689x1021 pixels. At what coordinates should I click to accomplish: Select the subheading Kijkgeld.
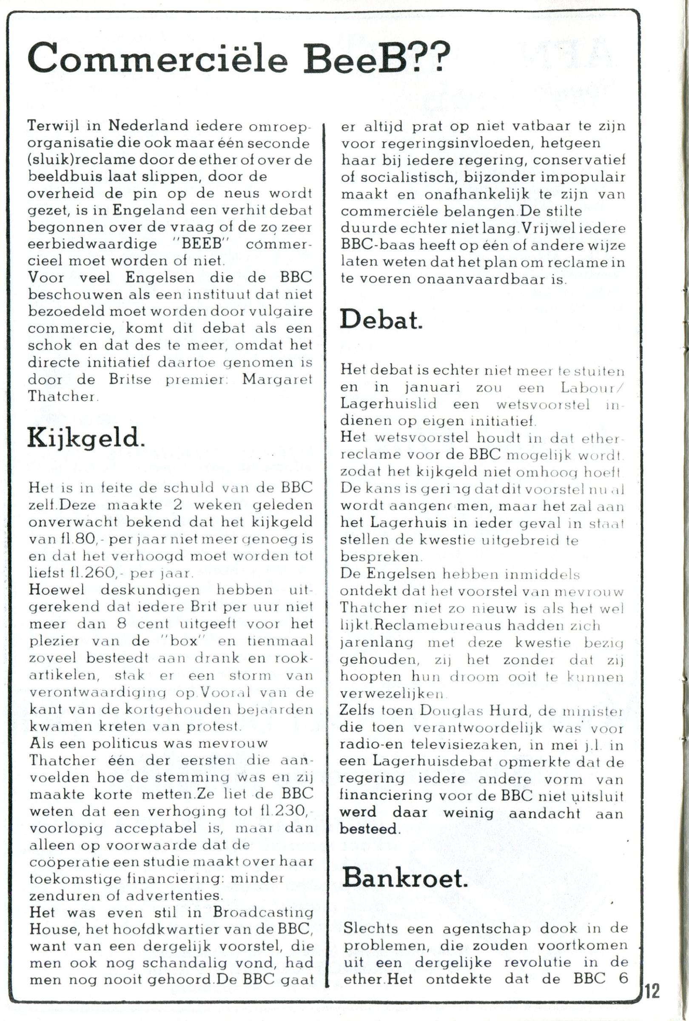pos(85,438)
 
